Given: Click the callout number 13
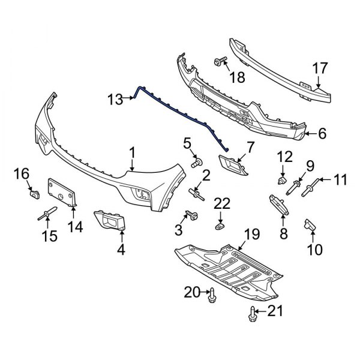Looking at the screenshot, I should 115,97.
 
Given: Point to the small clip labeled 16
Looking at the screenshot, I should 34,193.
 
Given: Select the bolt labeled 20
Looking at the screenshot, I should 212,293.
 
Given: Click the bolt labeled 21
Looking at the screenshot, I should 253,311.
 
